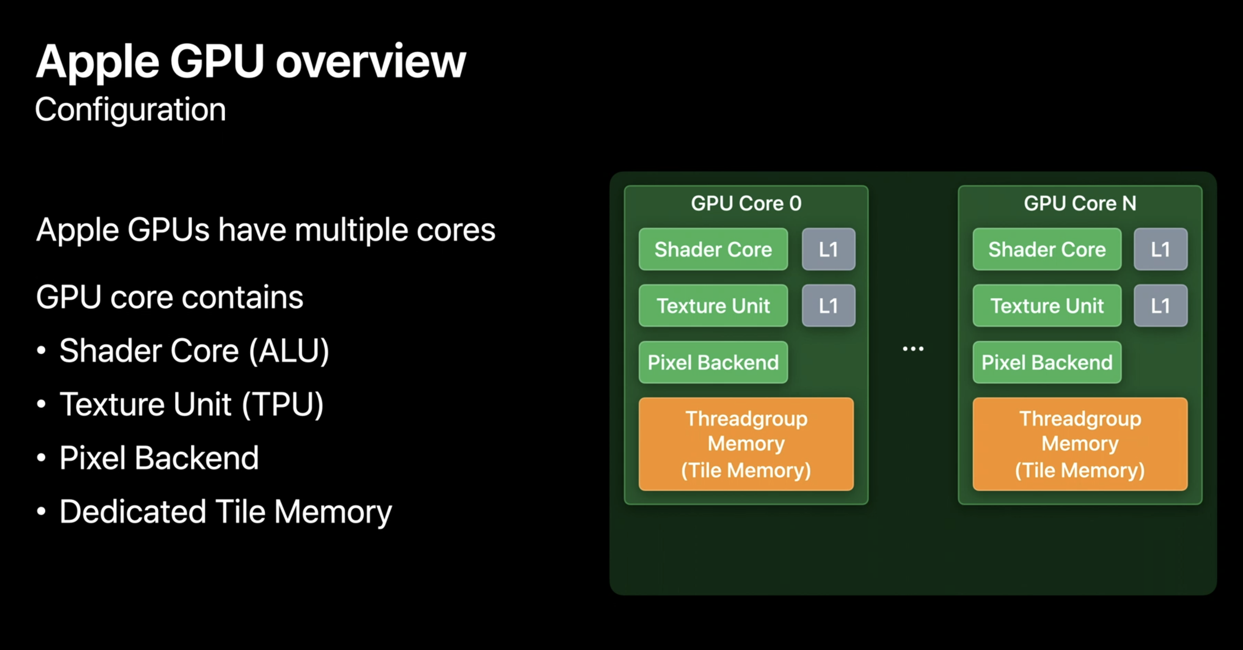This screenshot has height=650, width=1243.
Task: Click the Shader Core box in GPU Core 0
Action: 713,249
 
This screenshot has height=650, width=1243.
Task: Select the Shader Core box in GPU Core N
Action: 1047,249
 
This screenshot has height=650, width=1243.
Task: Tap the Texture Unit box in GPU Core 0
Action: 713,306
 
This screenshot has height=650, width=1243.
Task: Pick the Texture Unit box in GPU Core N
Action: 1047,306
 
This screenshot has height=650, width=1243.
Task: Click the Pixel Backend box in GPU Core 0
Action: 713,362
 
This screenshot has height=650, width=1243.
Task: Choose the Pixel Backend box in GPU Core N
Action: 1047,362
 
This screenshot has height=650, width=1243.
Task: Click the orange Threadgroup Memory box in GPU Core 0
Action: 746,444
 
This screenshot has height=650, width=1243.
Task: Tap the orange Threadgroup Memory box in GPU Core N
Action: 1080,444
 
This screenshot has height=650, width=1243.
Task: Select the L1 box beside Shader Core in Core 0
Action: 829,249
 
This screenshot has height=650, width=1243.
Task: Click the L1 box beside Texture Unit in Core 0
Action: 829,306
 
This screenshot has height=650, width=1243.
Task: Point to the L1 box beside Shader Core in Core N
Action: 1160,249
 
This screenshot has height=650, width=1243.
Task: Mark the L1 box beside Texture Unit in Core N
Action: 1160,306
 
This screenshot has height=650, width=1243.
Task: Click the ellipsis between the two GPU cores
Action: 913,348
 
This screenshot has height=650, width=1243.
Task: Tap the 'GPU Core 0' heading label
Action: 746,203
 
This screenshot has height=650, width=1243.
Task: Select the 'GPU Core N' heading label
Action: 1080,203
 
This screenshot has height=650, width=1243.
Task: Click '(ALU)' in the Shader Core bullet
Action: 289,351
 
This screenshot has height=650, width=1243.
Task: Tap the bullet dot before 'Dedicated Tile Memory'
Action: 41,511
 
